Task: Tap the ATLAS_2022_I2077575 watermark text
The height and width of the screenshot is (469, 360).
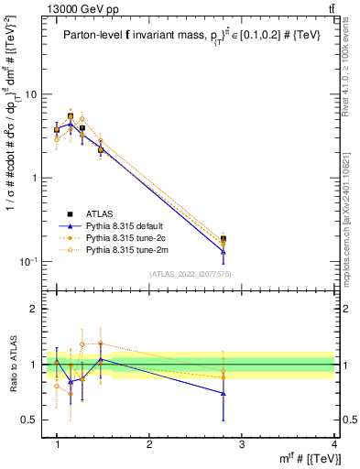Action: (x=191, y=274)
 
